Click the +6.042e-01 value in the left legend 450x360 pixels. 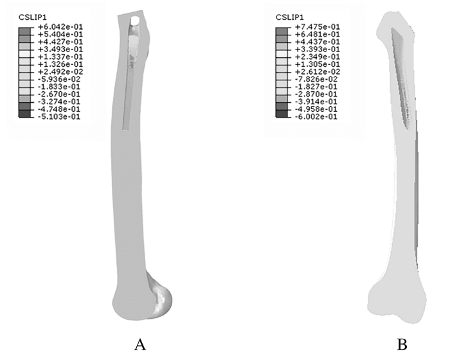[60, 27]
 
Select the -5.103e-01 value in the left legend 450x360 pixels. [59, 116]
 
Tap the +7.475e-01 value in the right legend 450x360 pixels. [318, 27]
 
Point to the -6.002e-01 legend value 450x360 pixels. [316, 116]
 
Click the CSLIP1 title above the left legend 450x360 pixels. [32, 17]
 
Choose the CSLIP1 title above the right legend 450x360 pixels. [289, 17]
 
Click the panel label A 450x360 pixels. [140, 345]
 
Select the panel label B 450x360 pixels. [402, 345]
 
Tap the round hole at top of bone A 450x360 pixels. [135, 21]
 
